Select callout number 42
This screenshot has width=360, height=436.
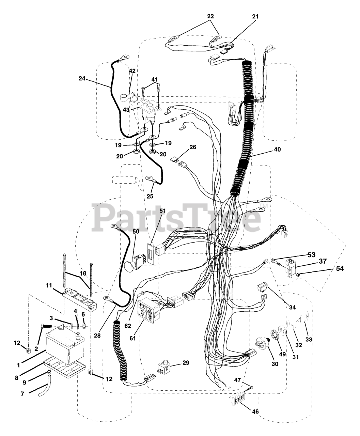point(132,71)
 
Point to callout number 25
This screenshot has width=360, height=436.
point(150,196)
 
